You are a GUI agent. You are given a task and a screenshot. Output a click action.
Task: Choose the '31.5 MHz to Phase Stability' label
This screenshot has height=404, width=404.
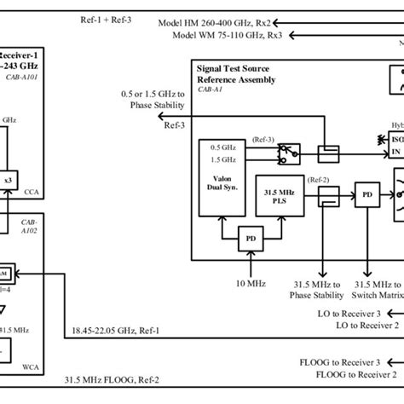click(321, 290)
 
